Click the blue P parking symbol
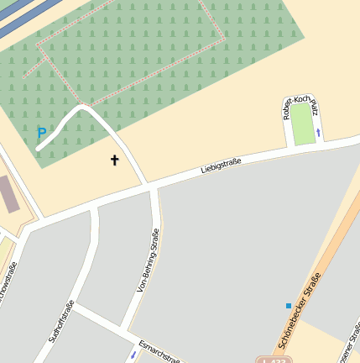[41, 132]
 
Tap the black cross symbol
[115, 159]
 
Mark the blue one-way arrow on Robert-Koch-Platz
[318, 132]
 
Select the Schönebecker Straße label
[300, 311]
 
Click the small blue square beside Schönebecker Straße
[289, 306]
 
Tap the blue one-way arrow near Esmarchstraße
[133, 355]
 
